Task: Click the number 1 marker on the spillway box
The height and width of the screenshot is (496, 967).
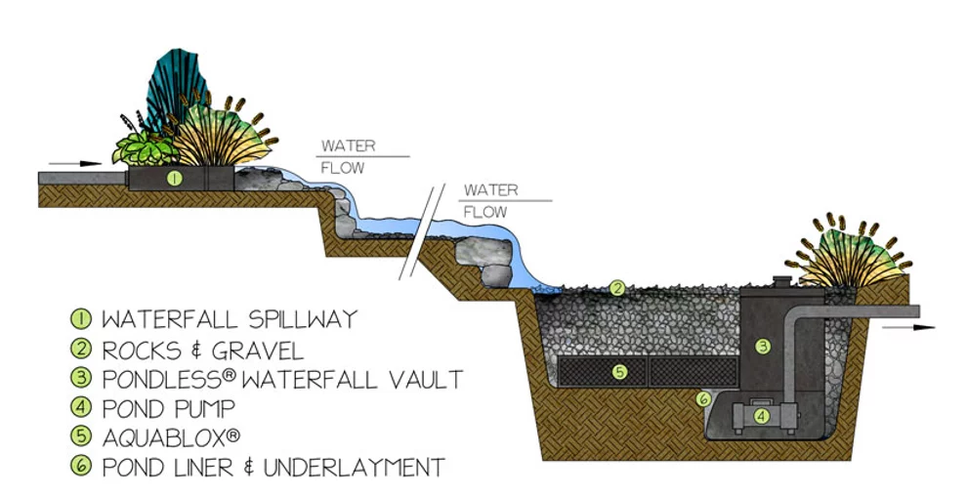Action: pos(173,178)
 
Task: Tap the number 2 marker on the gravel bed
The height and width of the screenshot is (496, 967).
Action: pos(616,288)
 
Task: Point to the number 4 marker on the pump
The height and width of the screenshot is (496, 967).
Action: pos(761,415)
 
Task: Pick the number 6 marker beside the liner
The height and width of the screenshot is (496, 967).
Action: pos(702,398)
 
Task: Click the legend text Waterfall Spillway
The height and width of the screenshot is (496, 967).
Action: pos(229,319)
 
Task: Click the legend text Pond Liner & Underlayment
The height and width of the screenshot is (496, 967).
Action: pos(273,467)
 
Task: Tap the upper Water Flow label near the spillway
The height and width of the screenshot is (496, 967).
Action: pos(344,156)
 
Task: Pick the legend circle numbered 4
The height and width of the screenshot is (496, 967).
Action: pos(80,408)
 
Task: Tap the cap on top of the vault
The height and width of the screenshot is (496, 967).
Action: pos(781,281)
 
